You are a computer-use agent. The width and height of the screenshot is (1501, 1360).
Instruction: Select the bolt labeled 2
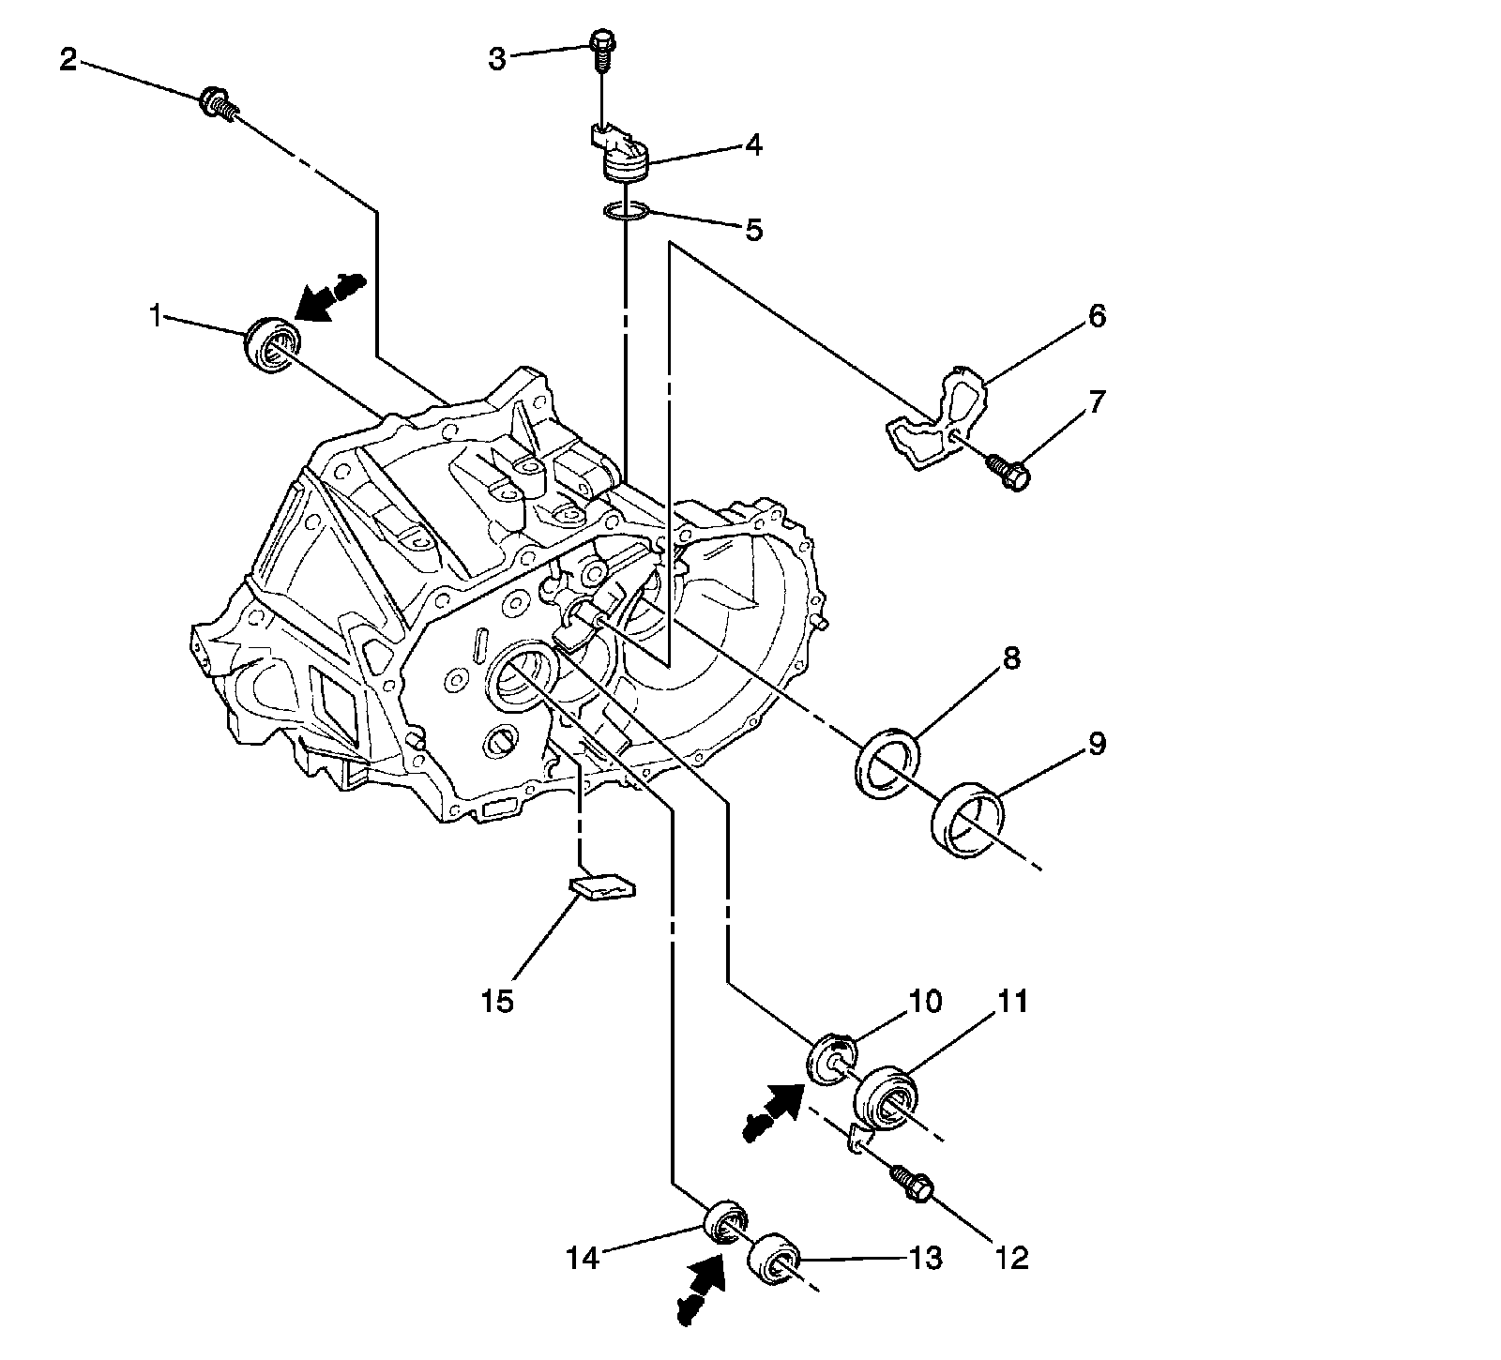217,102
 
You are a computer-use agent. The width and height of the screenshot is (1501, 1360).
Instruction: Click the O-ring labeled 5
626,213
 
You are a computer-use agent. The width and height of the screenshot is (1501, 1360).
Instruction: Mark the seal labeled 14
727,1222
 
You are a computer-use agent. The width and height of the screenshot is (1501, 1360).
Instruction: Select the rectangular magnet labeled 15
601,886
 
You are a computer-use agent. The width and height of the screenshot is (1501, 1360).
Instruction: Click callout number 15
497,1001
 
